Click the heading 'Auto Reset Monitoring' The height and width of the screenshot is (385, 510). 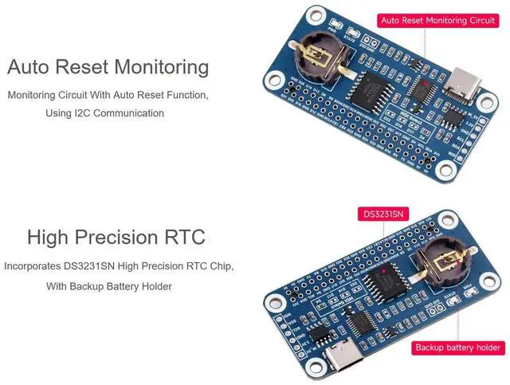(x=108, y=67)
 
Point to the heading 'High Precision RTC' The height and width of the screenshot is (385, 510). (x=116, y=238)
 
